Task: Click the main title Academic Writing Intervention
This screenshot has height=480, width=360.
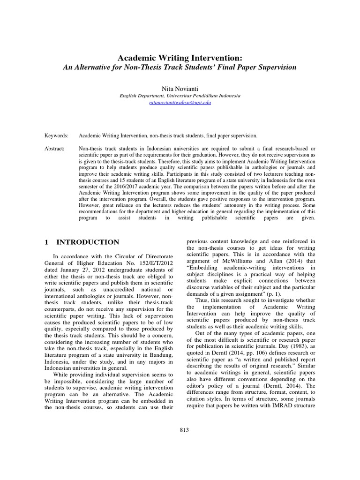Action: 180,58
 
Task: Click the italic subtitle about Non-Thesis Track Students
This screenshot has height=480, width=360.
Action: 180,67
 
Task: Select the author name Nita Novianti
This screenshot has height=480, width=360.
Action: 180,88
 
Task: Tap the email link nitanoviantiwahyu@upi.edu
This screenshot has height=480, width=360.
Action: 180,102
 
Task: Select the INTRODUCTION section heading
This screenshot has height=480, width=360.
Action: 88,242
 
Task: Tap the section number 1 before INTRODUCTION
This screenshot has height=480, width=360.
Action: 46,242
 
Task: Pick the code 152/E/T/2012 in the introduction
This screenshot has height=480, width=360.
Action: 153,263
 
